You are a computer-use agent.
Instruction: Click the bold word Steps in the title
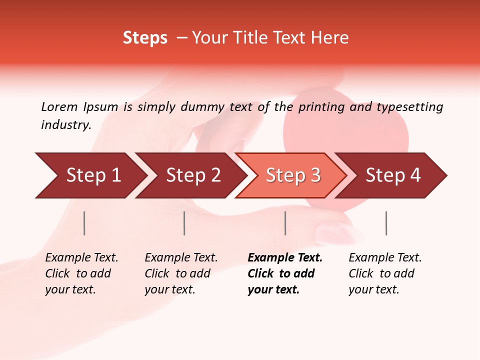click(145, 38)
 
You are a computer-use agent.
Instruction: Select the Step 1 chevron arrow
click(90, 175)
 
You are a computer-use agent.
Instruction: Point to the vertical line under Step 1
click(84, 223)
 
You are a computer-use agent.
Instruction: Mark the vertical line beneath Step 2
click(184, 223)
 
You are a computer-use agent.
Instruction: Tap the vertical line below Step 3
click(285, 223)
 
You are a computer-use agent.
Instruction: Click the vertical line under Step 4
click(386, 223)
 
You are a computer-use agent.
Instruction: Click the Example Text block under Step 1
click(81, 273)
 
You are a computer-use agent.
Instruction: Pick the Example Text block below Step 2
click(181, 273)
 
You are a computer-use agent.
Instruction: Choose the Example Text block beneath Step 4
click(385, 273)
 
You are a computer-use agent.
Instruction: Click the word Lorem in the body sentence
click(59, 107)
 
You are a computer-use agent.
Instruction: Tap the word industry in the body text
click(66, 125)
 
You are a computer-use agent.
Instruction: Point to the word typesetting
click(409, 107)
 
